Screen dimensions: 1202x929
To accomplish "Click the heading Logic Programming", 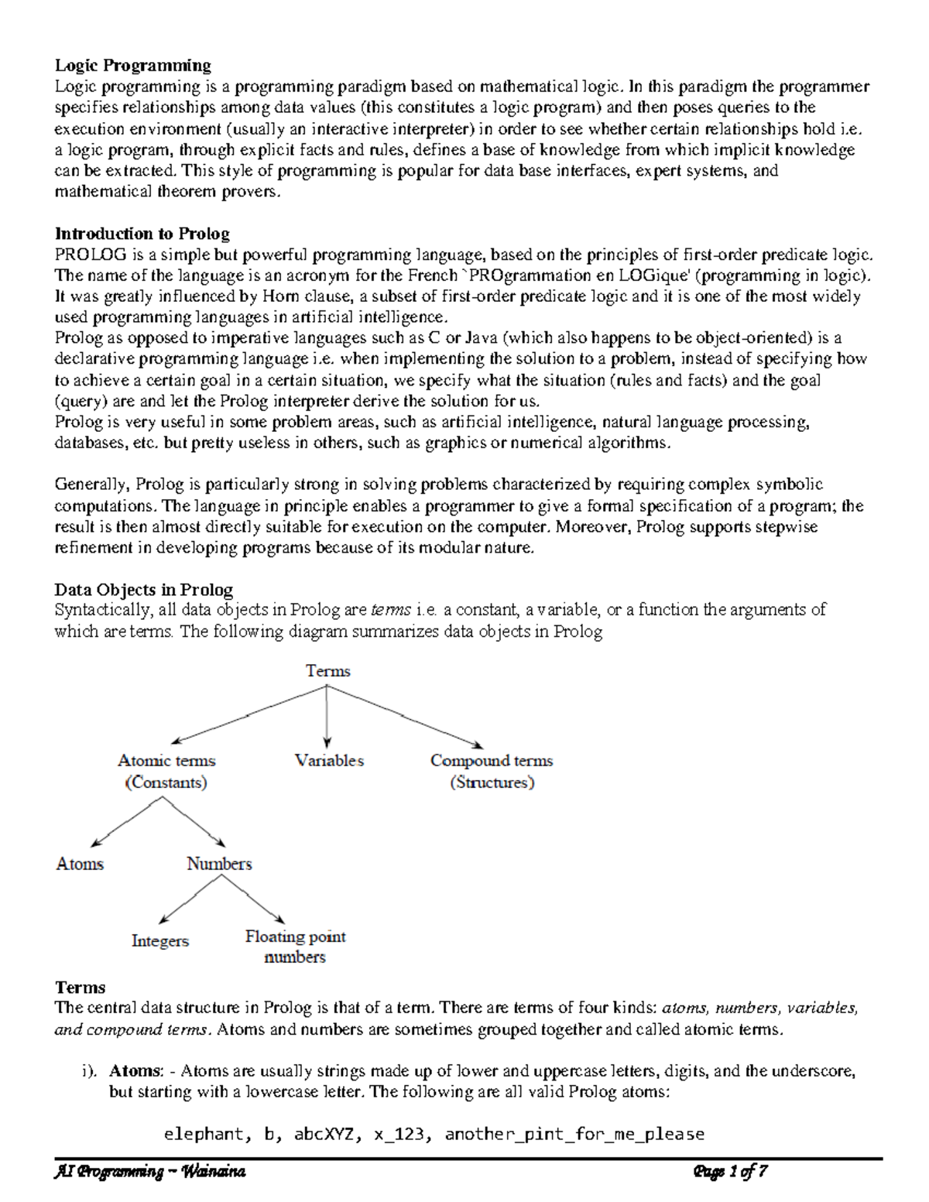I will pos(132,65).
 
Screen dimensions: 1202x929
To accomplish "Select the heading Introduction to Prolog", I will pos(142,234).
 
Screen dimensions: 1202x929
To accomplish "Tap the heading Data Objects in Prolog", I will pos(143,590).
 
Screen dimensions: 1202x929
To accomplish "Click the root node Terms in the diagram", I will pos(328,671).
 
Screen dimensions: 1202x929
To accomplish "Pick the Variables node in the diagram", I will pos(329,761).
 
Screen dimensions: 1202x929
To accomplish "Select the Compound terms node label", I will pos(492,761).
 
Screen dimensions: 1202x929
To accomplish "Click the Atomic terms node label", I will pos(166,761).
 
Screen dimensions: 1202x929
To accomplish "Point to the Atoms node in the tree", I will pos(80,864).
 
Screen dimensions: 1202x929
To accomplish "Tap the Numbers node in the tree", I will pos(219,864).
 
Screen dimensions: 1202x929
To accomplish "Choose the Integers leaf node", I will pos(160,941).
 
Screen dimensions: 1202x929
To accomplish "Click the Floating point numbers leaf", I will pos(295,947).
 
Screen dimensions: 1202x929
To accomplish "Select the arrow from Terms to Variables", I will pos(327,716).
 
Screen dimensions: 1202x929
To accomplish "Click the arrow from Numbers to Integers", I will pos(189,900).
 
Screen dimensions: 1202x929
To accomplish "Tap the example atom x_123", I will pos(398,1135).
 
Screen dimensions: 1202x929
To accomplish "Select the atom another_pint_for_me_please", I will pos(574,1135).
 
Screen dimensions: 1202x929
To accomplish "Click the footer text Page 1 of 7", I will pos(730,1172).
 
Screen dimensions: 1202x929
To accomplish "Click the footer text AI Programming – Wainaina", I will pos(149,1172).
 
